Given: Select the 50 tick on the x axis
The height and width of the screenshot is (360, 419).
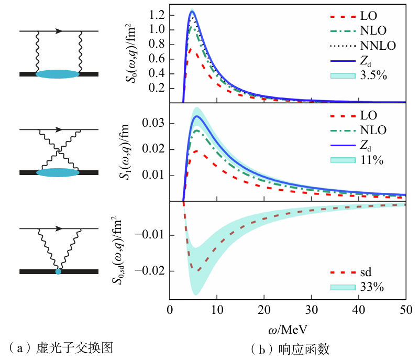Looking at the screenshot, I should [x=406, y=310].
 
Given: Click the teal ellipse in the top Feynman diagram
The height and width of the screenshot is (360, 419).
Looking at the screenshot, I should [x=58, y=74].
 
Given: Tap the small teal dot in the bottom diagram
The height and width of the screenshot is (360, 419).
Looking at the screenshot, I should [x=58, y=271].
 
